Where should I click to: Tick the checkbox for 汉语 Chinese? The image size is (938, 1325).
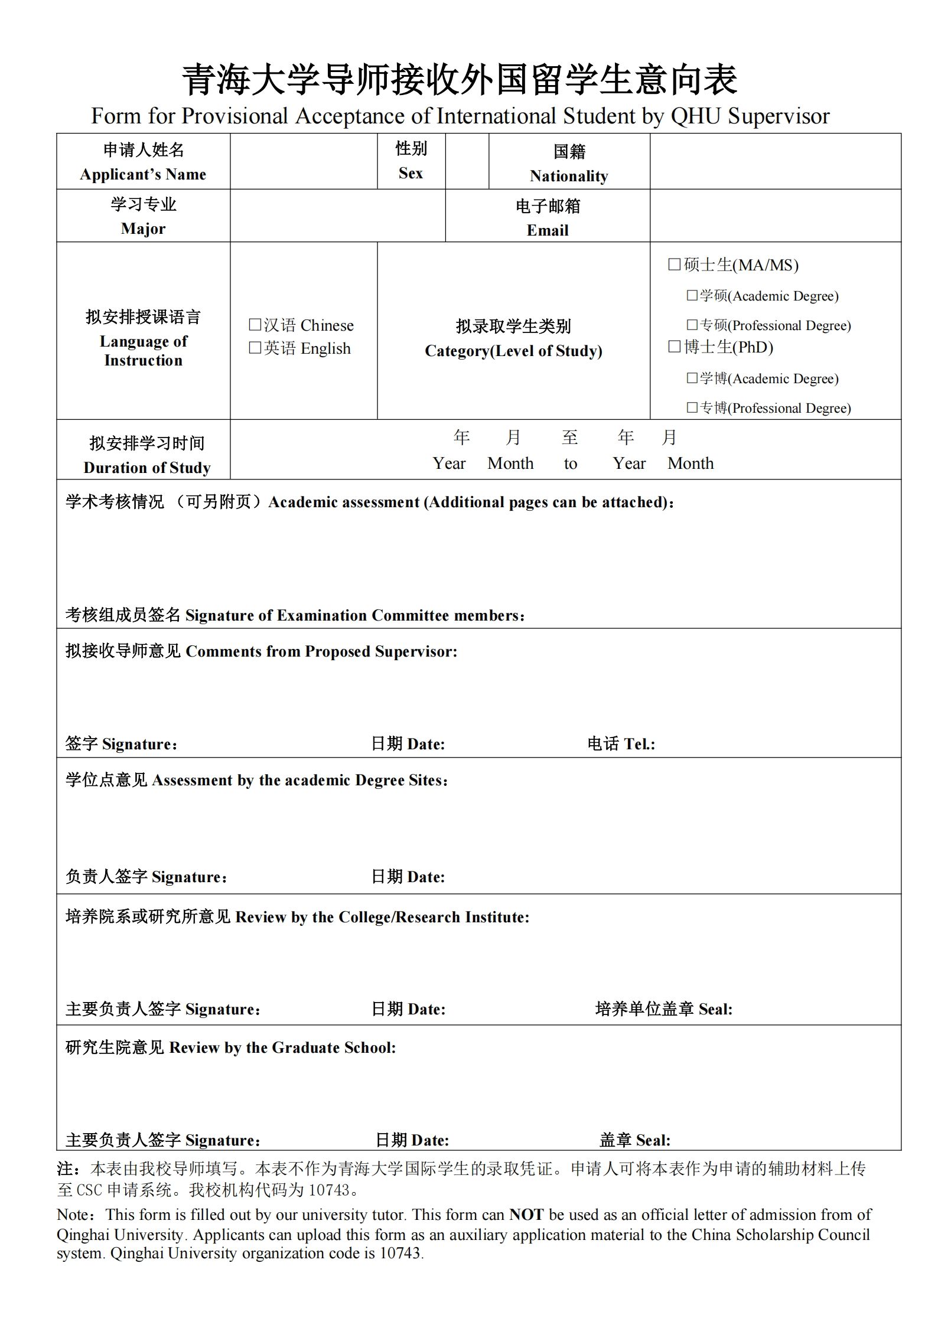[x=255, y=325]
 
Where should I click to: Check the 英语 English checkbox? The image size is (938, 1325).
[x=255, y=348]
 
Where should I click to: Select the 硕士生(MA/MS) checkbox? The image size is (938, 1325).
[x=674, y=265]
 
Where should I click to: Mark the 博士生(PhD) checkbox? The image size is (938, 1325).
[x=674, y=347]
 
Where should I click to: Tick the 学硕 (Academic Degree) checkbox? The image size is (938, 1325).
[x=692, y=295]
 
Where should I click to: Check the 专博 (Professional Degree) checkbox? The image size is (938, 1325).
[x=692, y=407]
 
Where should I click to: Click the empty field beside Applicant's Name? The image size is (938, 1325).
[x=303, y=161]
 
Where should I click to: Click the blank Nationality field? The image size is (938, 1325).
[x=775, y=161]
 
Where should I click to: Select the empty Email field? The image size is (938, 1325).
[x=775, y=216]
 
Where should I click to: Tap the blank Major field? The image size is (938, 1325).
[x=337, y=216]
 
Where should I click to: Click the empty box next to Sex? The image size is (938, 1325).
[x=467, y=161]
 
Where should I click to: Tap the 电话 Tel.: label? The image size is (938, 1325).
[x=621, y=743]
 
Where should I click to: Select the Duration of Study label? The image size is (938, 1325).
[x=146, y=467]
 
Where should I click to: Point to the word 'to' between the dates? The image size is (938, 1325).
[x=570, y=464]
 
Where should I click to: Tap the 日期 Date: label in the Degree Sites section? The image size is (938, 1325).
[x=408, y=876]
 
